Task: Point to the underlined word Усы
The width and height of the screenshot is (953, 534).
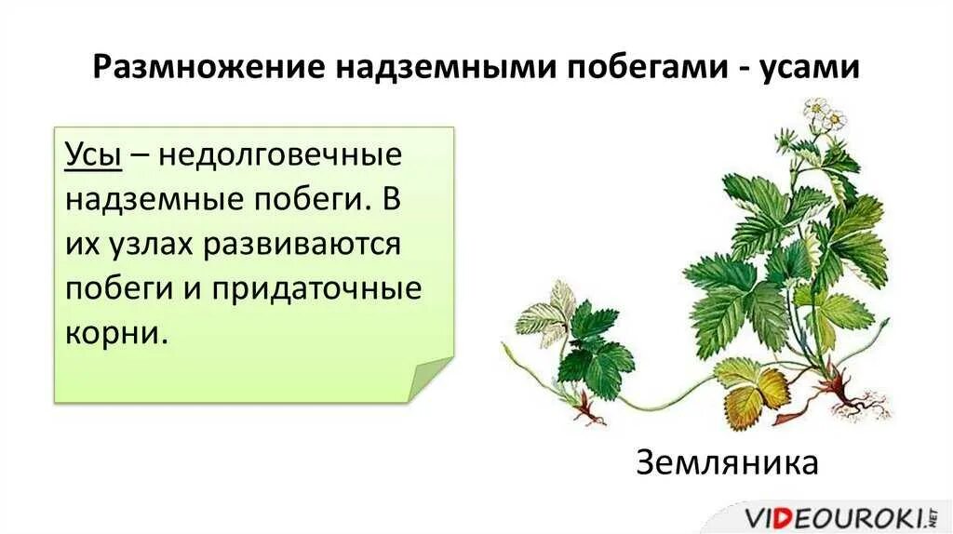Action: click(93, 154)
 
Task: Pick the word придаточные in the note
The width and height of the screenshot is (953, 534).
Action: click(315, 288)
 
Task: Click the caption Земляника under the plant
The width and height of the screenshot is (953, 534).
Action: click(727, 461)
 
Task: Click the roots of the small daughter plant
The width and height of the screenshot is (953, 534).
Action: click(585, 407)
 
